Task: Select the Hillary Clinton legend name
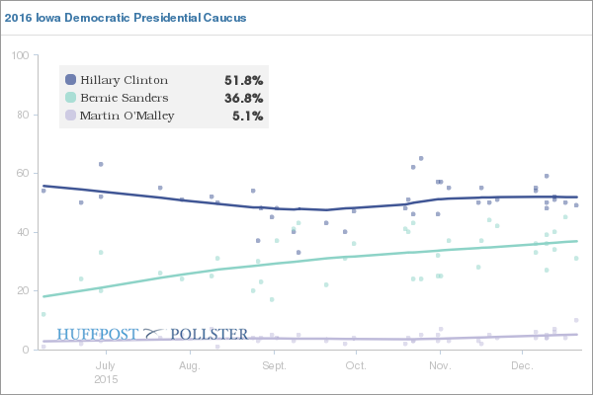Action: [x=125, y=80]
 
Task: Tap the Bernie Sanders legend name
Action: [x=125, y=98]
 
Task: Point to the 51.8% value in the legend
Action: [x=244, y=80]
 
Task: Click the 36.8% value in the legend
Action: [x=244, y=98]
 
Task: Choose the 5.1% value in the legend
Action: [x=248, y=116]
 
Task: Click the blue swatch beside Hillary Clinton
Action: [x=70, y=80]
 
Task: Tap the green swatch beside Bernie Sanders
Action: [x=70, y=98]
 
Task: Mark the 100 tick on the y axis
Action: [x=19, y=55]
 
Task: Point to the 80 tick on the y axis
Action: [x=22, y=115]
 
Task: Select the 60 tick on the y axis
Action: [x=22, y=174]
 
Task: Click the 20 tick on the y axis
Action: [x=22, y=291]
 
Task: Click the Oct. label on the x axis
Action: [x=354, y=365]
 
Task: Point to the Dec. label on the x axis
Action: [x=519, y=365]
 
